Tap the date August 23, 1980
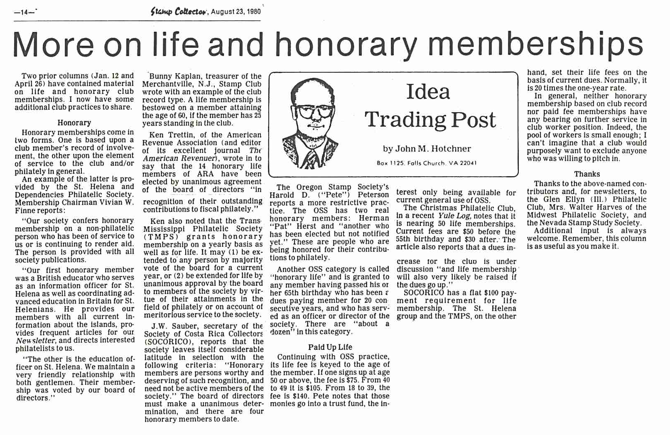pos(236,12)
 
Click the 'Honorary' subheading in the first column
pos(74,123)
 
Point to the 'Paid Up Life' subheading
pos(330,347)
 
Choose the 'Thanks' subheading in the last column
pos(587,174)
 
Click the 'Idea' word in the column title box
pos(428,92)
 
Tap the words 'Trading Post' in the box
pos(430,120)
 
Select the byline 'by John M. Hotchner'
pos(427,149)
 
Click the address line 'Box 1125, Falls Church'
pos(426,163)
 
